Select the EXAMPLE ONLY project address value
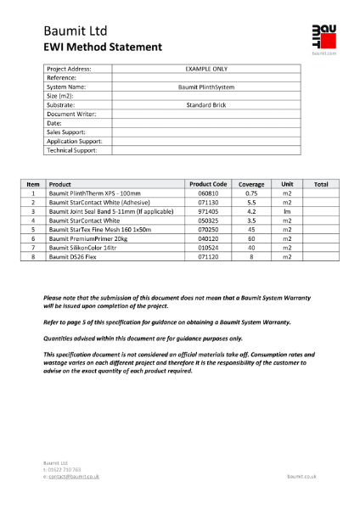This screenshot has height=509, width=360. click(x=206, y=69)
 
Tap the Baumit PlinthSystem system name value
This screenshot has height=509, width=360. click(x=206, y=87)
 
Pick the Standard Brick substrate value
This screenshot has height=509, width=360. click(x=206, y=105)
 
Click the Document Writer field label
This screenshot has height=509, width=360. click(x=71, y=114)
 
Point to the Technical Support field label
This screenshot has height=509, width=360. click(x=72, y=150)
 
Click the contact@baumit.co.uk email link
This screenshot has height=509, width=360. click(x=76, y=477)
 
